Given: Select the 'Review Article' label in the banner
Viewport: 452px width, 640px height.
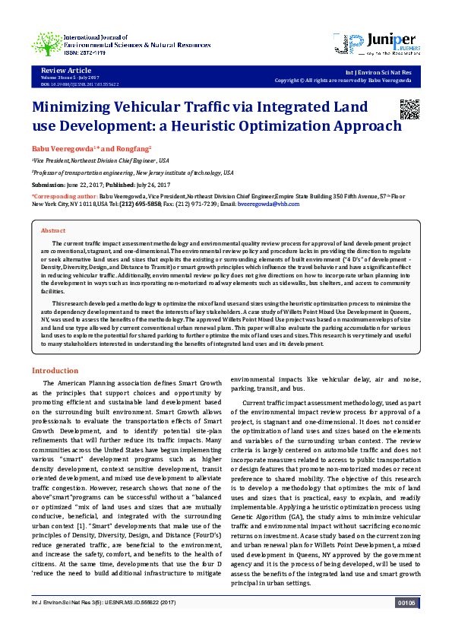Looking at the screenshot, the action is coord(62,70).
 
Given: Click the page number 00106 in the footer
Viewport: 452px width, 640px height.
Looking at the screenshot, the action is coord(406,624).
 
